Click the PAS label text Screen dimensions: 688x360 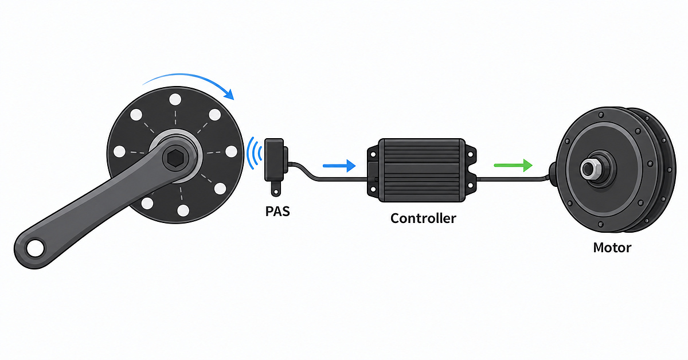(x=277, y=212)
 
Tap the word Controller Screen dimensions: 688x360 (x=423, y=218)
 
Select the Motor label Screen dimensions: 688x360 (x=612, y=248)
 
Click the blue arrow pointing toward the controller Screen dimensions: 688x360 (x=339, y=166)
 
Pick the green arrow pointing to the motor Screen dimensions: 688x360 (x=513, y=165)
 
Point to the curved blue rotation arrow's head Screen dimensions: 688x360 (x=229, y=94)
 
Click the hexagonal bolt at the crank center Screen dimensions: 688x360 (x=175, y=158)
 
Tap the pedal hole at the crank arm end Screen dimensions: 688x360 (x=36, y=248)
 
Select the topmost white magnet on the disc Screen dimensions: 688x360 (x=175, y=99)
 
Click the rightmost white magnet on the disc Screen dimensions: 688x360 (x=231, y=152)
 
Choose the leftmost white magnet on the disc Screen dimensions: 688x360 (x=119, y=151)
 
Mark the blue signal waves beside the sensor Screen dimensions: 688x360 (x=255, y=153)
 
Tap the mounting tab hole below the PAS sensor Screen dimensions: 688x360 (x=276, y=192)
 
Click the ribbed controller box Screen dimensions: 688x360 (x=422, y=170)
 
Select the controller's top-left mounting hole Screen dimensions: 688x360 (x=373, y=155)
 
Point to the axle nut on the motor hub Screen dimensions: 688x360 (x=589, y=169)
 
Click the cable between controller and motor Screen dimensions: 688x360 (x=513, y=179)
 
